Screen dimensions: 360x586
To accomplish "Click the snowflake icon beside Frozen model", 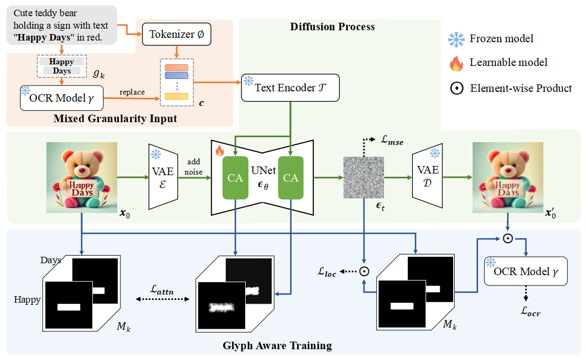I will [x=456, y=39].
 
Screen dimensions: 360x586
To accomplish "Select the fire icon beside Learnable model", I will [x=456, y=63].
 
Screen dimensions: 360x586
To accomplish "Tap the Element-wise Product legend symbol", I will [x=456, y=88].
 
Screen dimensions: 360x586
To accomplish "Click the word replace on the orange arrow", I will [x=132, y=92].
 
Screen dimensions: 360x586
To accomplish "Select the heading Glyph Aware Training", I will [x=277, y=345].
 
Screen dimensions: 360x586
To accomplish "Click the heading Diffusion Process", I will [x=332, y=26].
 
